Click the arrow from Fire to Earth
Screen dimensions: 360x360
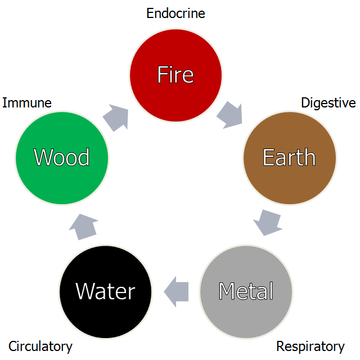tap(229, 114)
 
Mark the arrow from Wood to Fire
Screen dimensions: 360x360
tap(116, 117)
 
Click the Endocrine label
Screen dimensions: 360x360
tap(175, 13)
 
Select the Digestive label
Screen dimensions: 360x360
tap(328, 103)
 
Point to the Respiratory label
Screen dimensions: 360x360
tap(310, 346)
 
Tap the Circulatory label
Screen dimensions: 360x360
tap(40, 346)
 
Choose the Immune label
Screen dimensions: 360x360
tap(27, 103)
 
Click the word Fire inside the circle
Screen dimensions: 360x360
tap(175, 74)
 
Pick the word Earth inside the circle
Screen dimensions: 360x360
tap(289, 157)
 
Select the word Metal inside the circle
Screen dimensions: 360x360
tap(246, 291)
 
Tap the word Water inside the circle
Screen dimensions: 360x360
tap(105, 291)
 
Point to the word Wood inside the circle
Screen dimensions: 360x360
tap(62, 157)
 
